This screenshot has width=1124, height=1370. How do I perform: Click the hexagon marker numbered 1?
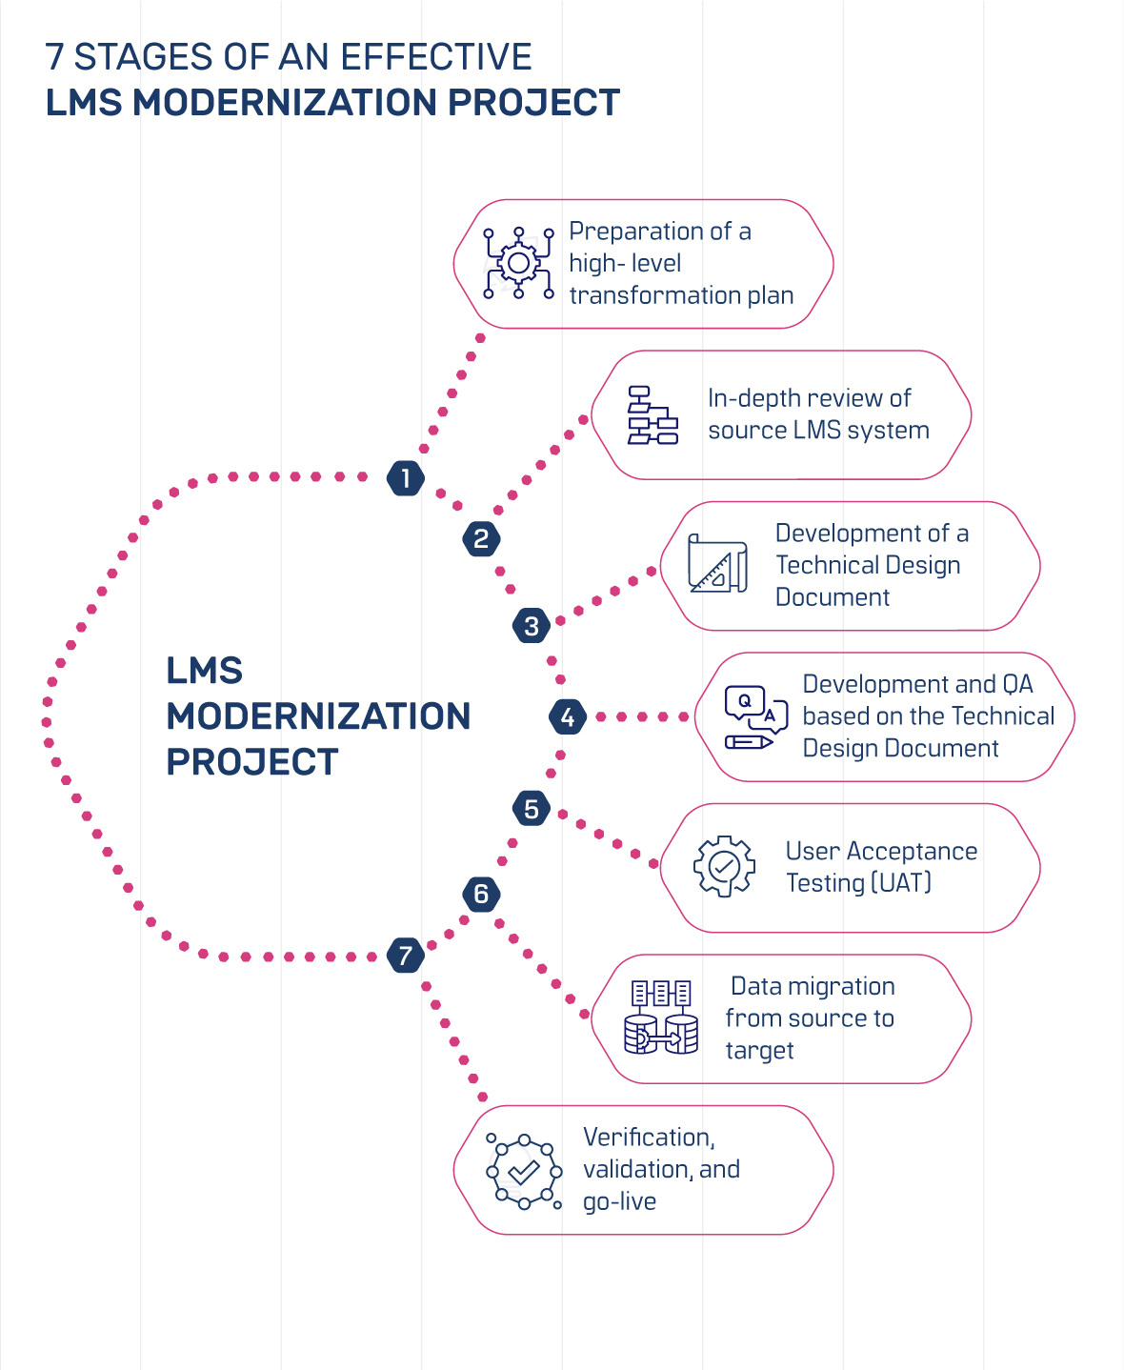406,477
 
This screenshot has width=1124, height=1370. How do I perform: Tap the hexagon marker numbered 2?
481,539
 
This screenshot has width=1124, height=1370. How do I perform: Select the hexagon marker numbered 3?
532,626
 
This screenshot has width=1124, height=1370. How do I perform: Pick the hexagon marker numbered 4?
568,716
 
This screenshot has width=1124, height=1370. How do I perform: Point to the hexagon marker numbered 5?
532,809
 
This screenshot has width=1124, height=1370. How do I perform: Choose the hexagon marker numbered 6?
481,894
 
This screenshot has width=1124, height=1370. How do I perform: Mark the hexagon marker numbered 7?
406,955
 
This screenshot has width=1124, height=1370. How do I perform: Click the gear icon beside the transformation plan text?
518,263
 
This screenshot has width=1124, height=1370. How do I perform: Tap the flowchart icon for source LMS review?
652,415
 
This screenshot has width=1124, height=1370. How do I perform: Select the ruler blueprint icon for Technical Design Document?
717,564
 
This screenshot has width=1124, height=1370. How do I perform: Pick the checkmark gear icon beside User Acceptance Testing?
724,866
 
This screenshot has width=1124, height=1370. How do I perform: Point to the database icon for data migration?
661,1017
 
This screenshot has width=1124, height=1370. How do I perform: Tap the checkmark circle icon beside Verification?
523,1171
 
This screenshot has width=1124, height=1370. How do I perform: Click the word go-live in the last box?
619,1201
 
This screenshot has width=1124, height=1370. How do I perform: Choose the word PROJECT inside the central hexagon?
252,762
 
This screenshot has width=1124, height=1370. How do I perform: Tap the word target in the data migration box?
759,1050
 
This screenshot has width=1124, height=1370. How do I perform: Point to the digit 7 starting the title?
55,57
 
